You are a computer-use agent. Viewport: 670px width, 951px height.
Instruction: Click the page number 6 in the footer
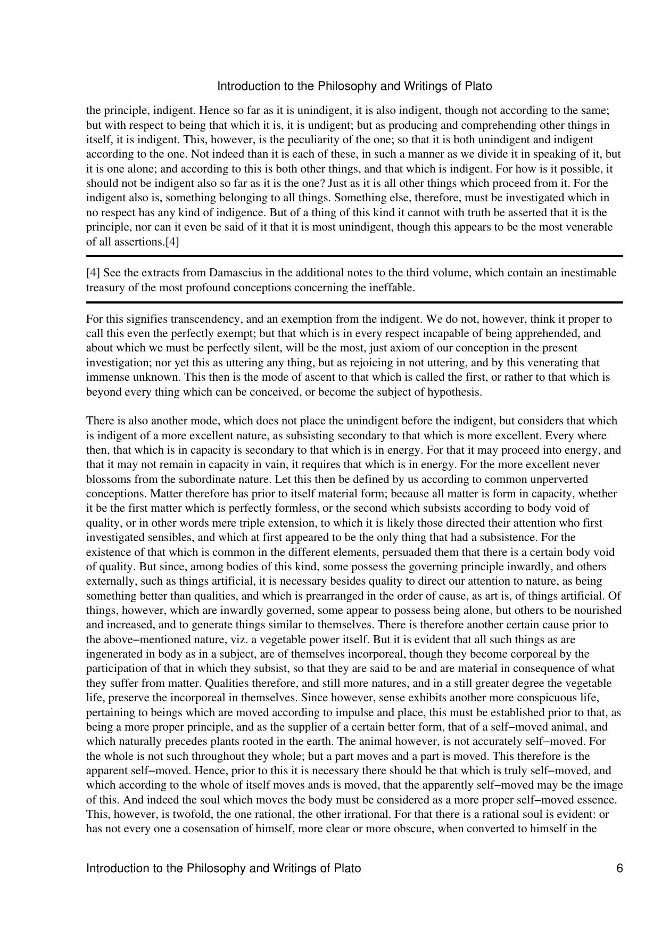619,868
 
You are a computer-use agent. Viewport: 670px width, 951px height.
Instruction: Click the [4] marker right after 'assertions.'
172,242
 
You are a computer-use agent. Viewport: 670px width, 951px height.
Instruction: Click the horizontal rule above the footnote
354,257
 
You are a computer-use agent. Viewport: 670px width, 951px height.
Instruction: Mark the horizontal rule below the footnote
354,302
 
